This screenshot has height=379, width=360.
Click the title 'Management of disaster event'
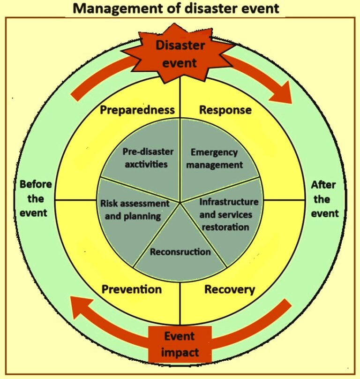[x=180, y=8]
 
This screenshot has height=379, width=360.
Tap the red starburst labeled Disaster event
[x=180, y=53]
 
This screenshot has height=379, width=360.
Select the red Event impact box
[x=180, y=344]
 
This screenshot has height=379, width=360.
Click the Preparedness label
[x=137, y=110]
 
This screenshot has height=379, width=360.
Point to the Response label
[x=225, y=110]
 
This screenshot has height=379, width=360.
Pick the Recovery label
[x=229, y=289]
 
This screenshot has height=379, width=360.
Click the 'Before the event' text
[x=35, y=198]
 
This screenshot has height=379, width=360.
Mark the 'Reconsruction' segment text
[x=180, y=252]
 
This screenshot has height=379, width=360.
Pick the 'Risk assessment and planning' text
[x=135, y=210]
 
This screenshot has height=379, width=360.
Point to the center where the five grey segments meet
[x=180, y=202]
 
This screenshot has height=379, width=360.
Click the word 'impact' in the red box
[x=180, y=352]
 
